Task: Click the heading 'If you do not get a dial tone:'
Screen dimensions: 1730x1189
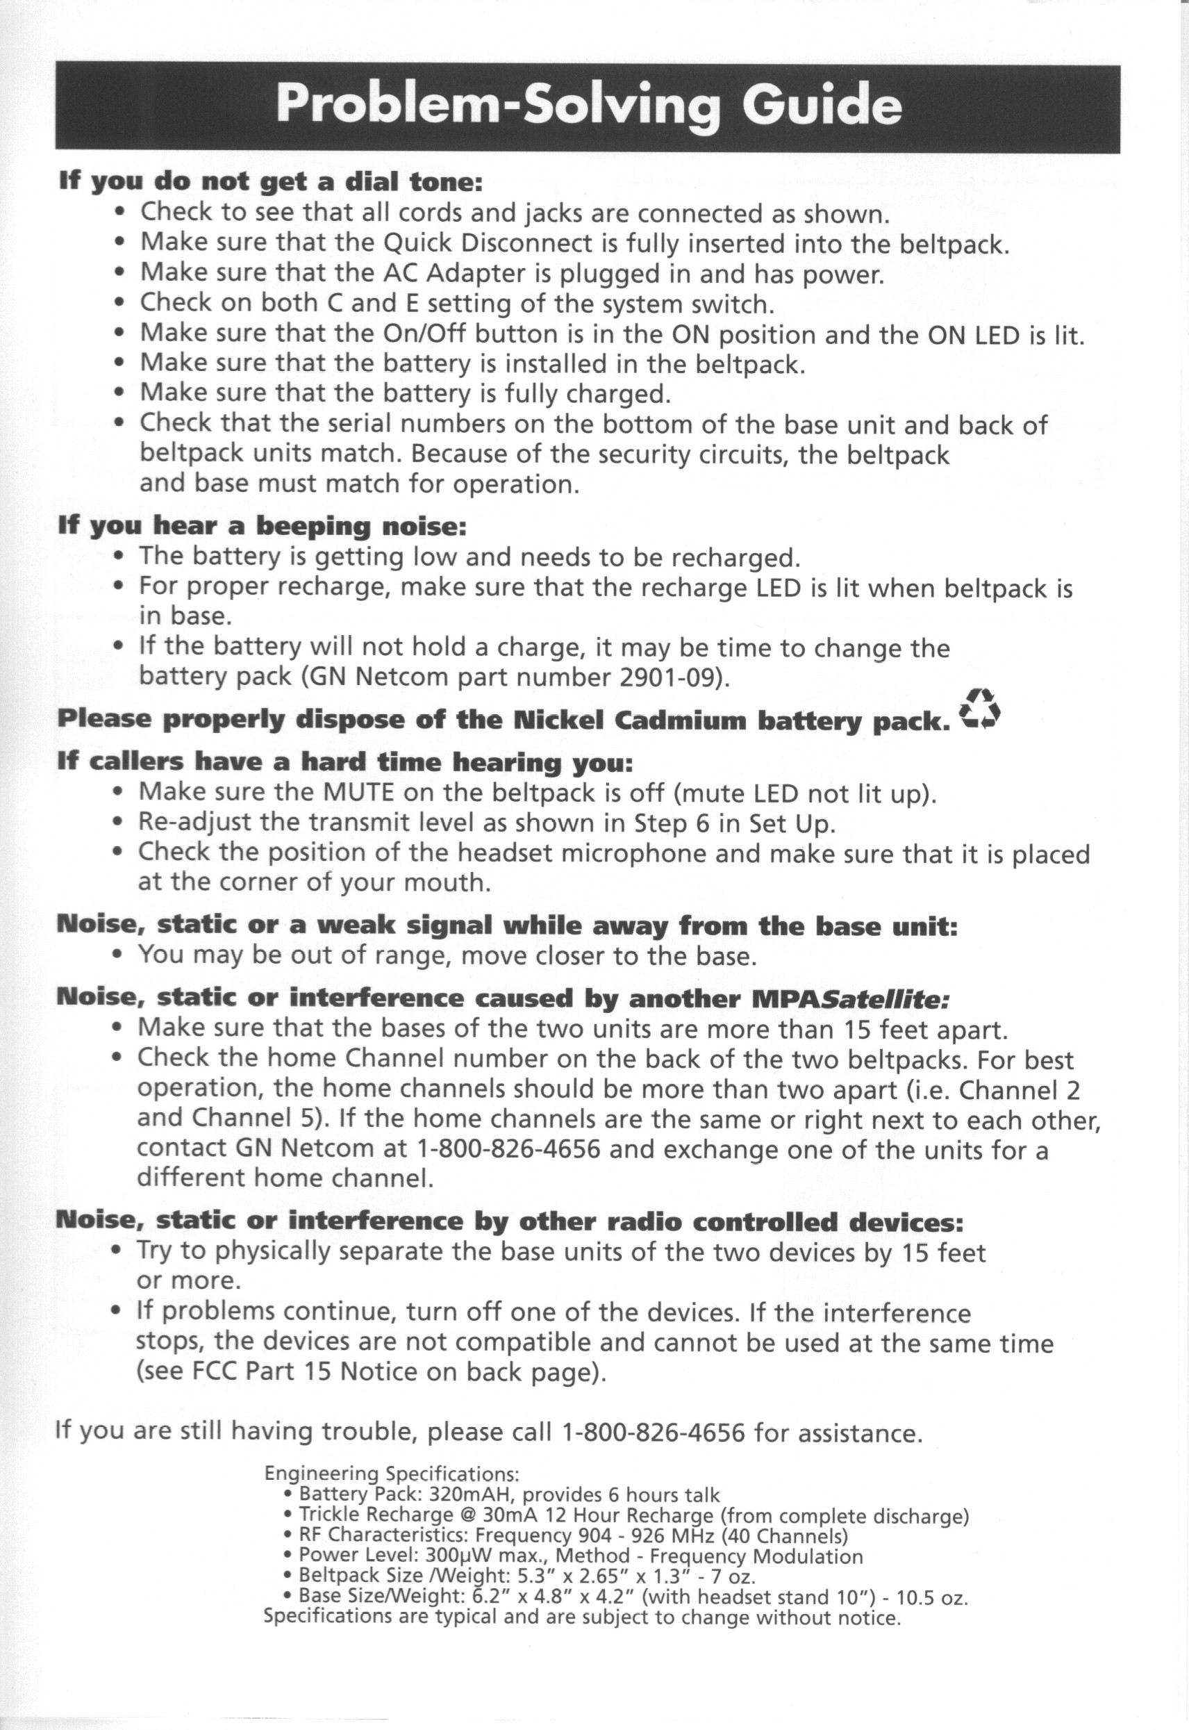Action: click(270, 181)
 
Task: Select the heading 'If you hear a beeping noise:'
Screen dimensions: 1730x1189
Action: click(263, 527)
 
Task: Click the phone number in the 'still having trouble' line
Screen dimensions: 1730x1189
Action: click(654, 1433)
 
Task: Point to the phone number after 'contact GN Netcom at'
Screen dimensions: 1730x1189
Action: click(509, 1150)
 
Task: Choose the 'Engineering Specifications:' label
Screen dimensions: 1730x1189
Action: click(391, 1474)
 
